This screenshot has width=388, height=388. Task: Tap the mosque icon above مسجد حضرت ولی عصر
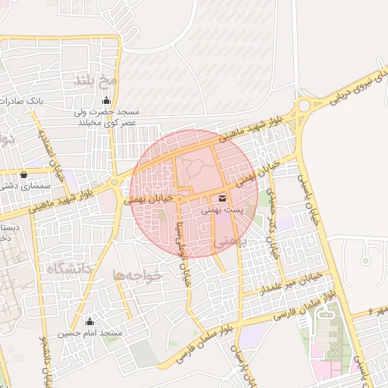click(x=105, y=100)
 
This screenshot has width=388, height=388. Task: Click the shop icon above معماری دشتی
click(x=24, y=173)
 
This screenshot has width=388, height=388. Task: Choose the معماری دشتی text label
click(x=23, y=184)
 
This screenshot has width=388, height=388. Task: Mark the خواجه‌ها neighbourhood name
click(x=137, y=276)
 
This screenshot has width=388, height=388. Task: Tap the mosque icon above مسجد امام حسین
click(x=90, y=321)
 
